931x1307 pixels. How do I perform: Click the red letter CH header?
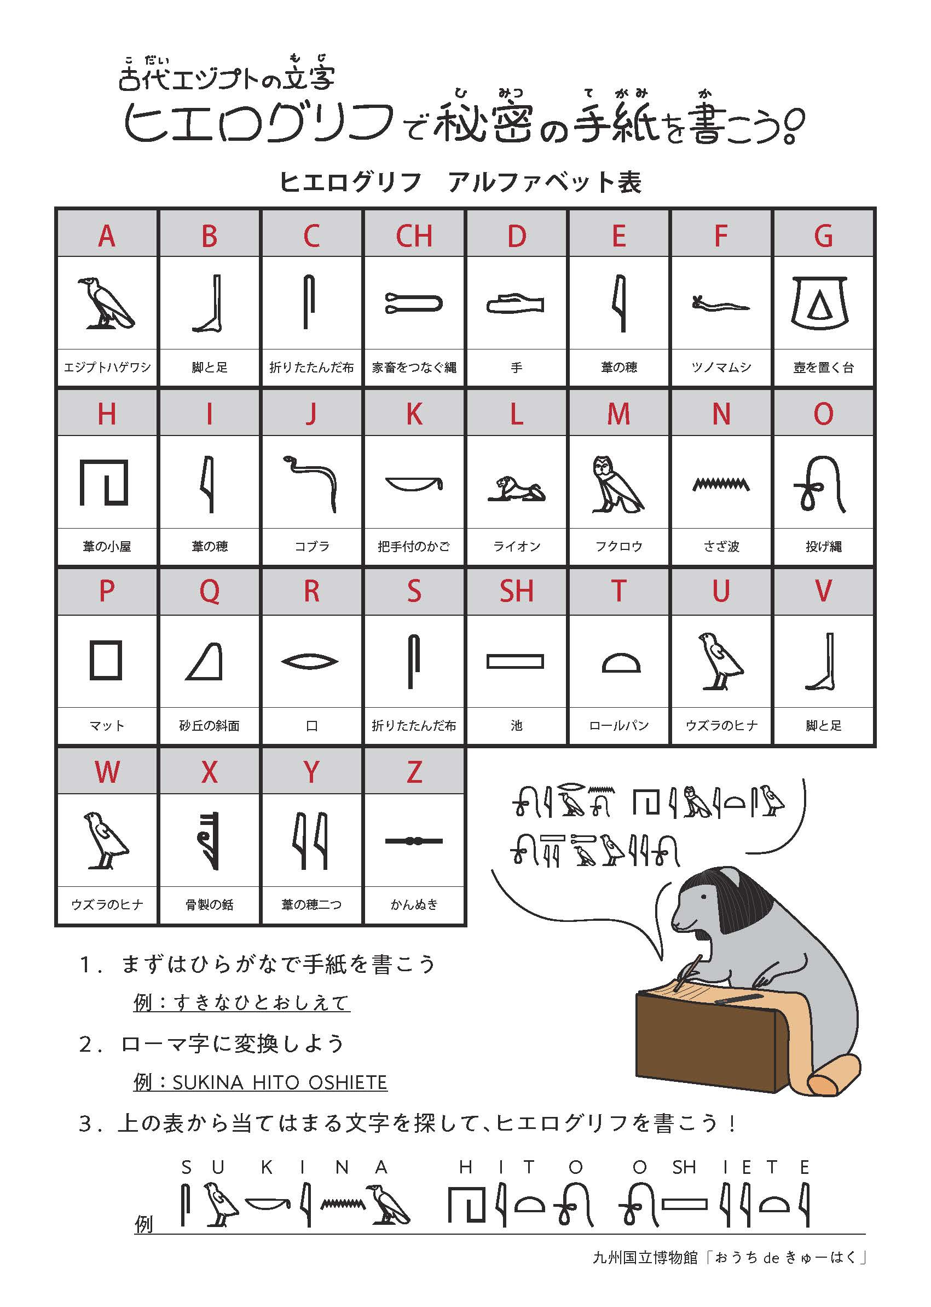pos(414,236)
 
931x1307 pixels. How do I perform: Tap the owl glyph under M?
pos(618,484)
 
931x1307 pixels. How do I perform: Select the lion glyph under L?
pos(516,489)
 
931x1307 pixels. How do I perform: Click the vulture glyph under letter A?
pos(107,303)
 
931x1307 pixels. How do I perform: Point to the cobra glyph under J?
pos(310,484)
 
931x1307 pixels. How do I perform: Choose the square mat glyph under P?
pos(106,661)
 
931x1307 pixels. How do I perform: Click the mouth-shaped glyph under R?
pos(310,662)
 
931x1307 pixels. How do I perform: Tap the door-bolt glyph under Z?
pos(413,841)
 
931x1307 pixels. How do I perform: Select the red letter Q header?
pos(209,592)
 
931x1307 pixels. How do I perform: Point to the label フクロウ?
pos(618,546)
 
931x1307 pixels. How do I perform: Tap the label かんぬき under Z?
pos(414,905)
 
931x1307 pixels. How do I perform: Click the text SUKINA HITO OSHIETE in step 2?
pos(280,1082)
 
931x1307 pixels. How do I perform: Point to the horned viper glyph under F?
pos(721,303)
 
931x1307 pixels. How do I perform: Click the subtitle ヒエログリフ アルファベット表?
pos(460,182)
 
